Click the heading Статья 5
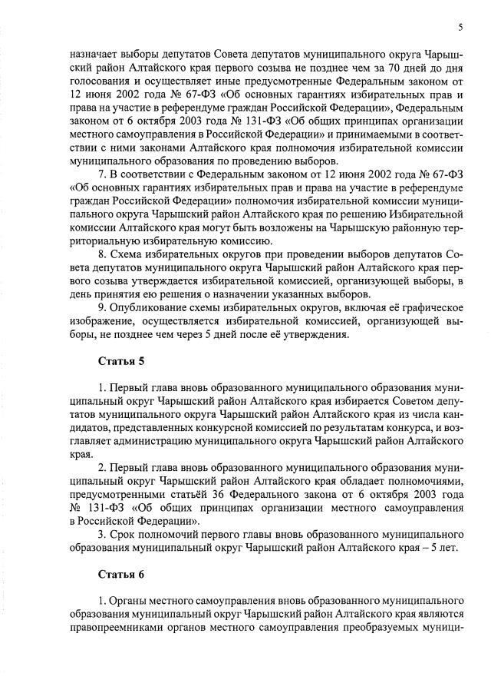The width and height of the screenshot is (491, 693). [x=121, y=360]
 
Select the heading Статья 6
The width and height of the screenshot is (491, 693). [x=121, y=574]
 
